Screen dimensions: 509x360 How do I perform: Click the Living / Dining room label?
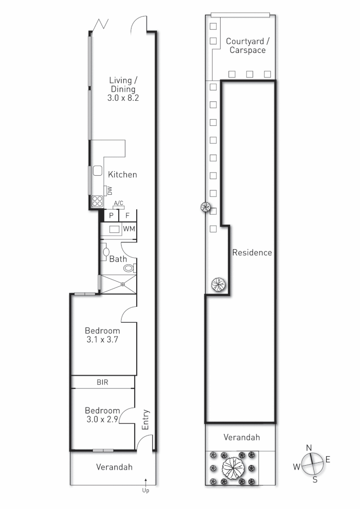click(x=123, y=89)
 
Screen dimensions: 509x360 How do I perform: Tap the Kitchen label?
click(x=123, y=174)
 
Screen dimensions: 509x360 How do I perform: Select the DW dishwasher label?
click(x=109, y=190)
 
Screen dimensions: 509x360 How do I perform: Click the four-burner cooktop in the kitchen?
click(x=97, y=201)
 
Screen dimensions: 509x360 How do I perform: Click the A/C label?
click(x=118, y=203)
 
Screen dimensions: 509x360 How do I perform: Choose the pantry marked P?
click(x=111, y=215)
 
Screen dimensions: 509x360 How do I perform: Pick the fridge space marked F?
click(x=127, y=215)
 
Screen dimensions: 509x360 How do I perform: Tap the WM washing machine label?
click(x=129, y=229)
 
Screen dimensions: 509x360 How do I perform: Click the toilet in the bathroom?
click(x=128, y=268)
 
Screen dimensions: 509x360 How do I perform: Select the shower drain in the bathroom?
click(x=122, y=284)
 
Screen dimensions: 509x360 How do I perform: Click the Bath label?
click(x=118, y=259)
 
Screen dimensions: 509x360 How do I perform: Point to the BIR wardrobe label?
click(x=103, y=382)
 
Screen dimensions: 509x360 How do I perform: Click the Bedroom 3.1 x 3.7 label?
click(x=102, y=335)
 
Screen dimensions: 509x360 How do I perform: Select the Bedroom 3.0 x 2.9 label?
click(x=102, y=414)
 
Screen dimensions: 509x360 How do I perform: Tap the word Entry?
click(x=146, y=418)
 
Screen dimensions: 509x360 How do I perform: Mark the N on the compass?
click(x=309, y=447)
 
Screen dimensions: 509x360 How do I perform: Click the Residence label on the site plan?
click(x=252, y=253)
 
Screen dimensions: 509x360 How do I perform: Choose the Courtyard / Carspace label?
click(x=247, y=46)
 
